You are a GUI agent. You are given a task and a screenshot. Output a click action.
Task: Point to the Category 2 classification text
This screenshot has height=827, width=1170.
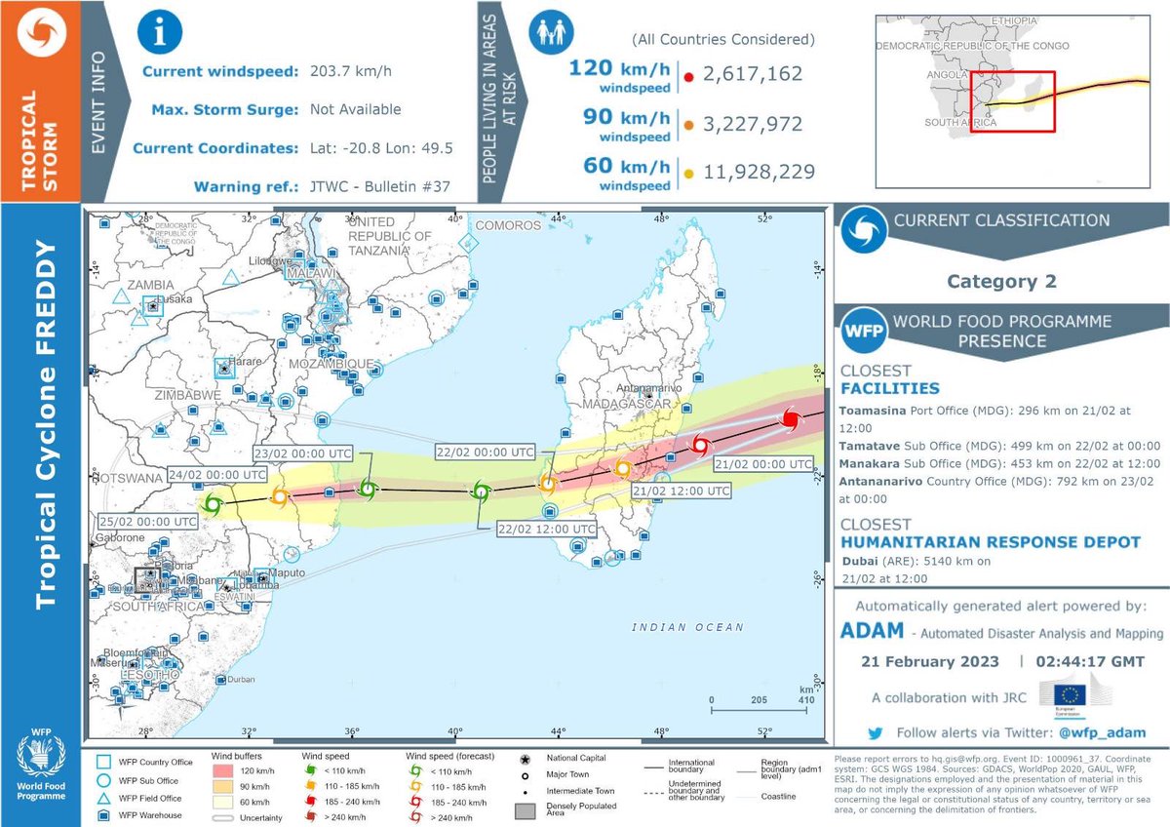pyautogui.click(x=1001, y=282)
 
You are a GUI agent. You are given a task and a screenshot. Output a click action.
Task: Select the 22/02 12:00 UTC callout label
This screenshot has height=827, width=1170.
pyautogui.click(x=546, y=529)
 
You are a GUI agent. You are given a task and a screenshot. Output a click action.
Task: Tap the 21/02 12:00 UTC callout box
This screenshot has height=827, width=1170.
pyautogui.click(x=682, y=492)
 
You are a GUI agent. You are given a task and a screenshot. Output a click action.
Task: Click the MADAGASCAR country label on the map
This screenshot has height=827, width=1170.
pyautogui.click(x=625, y=404)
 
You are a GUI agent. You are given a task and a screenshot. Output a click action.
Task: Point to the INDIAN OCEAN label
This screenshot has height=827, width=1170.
pyautogui.click(x=686, y=627)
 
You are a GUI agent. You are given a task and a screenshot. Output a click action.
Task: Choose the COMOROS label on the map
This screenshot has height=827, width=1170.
pyautogui.click(x=507, y=225)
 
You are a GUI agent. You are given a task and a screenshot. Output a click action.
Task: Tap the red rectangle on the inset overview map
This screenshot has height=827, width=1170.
pyautogui.click(x=1013, y=100)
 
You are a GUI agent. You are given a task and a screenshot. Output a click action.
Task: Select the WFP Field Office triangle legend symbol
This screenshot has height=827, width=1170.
pyautogui.click(x=102, y=797)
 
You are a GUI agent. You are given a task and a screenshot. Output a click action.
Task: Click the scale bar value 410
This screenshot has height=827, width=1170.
pyautogui.click(x=805, y=699)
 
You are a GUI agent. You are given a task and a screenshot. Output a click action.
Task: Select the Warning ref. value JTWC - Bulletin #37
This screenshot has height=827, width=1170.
pyautogui.click(x=380, y=186)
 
